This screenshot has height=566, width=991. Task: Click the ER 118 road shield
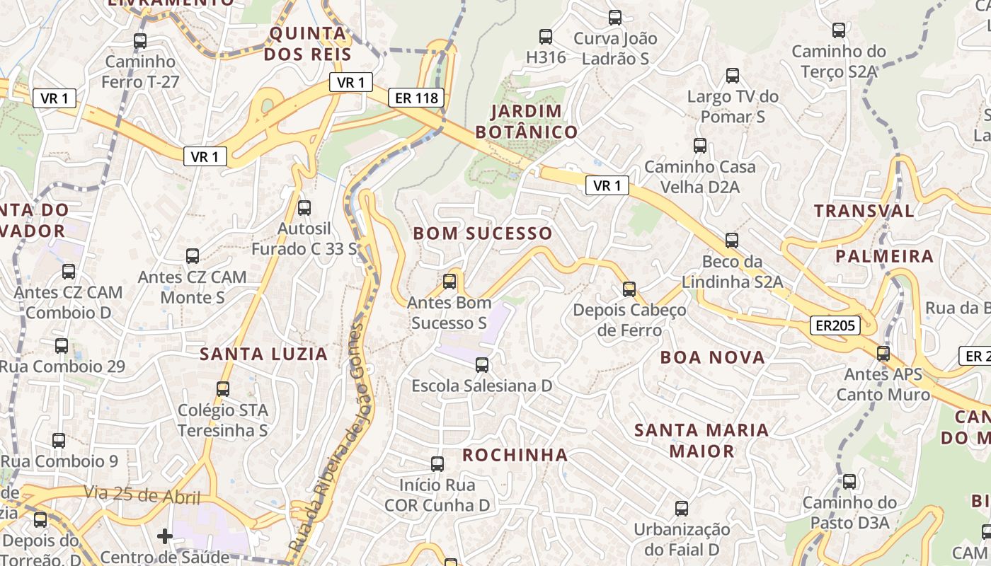point(416,98)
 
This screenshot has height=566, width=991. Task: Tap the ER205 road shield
point(835,325)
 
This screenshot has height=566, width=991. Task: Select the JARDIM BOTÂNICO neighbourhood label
point(527,121)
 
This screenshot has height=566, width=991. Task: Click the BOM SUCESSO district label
point(482,233)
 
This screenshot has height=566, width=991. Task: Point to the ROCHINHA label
point(515,455)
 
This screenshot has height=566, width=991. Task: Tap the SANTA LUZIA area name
point(263,354)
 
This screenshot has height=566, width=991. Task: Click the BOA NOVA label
point(712,357)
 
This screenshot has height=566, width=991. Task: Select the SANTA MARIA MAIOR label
point(701,440)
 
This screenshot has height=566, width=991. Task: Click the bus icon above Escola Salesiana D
point(482,365)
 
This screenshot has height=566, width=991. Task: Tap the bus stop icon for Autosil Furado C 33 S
point(304,208)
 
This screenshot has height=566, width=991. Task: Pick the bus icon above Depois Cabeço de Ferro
point(629,289)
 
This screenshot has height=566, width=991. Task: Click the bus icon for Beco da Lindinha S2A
point(732,241)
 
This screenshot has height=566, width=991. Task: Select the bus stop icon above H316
point(546,37)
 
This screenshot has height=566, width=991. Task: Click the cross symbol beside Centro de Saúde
point(165,536)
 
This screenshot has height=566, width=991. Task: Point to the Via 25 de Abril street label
point(142,495)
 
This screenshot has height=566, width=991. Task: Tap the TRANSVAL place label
point(864,211)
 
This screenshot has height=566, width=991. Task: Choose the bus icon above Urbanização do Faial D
point(682,509)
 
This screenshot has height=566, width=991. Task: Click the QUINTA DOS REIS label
point(308,43)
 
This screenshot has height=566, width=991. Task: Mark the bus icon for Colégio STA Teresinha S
point(223,389)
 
